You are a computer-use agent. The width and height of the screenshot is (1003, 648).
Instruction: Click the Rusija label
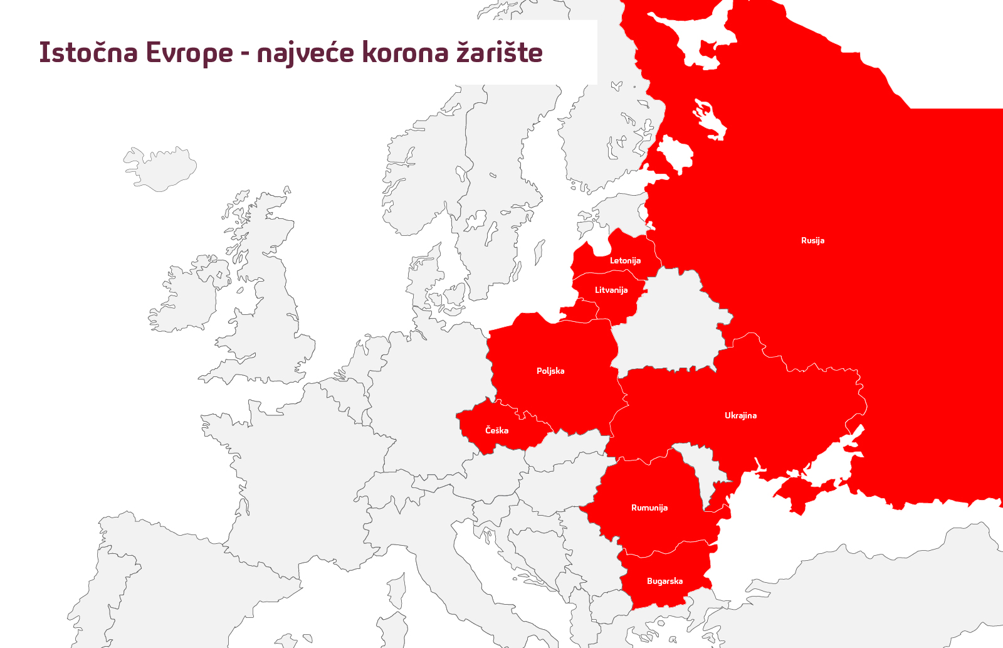click(812, 240)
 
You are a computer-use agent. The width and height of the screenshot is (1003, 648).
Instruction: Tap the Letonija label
click(625, 260)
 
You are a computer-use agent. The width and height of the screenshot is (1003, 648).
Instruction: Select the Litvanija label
click(611, 290)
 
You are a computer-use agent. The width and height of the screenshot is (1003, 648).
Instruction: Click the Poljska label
click(550, 371)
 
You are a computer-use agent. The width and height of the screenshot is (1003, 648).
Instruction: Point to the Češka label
click(496, 430)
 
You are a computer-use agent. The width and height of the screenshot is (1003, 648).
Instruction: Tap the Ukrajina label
click(740, 415)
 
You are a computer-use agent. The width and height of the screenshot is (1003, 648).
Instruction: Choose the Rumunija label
click(649, 507)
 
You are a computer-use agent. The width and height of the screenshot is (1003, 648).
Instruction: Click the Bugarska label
click(664, 581)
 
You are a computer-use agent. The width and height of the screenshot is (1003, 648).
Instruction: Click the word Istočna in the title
click(88, 52)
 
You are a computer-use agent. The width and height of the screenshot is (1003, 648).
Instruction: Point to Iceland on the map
click(160, 168)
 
